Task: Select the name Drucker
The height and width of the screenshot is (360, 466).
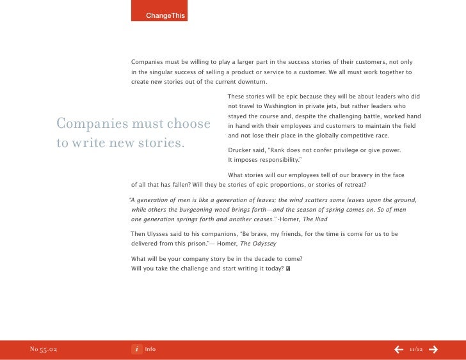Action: (x=241, y=150)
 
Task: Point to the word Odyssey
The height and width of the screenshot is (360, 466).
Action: (x=262, y=244)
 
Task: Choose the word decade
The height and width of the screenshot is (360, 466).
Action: (x=263, y=259)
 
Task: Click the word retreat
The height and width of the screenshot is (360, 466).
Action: (x=353, y=185)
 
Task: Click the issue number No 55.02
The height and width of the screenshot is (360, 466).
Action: (x=44, y=349)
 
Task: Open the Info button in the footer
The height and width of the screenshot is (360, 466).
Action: (x=143, y=349)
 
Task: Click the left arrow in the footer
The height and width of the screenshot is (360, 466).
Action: (x=398, y=349)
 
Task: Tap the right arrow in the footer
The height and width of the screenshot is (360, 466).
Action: (x=433, y=349)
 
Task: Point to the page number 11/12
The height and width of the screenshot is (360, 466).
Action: (x=416, y=349)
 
